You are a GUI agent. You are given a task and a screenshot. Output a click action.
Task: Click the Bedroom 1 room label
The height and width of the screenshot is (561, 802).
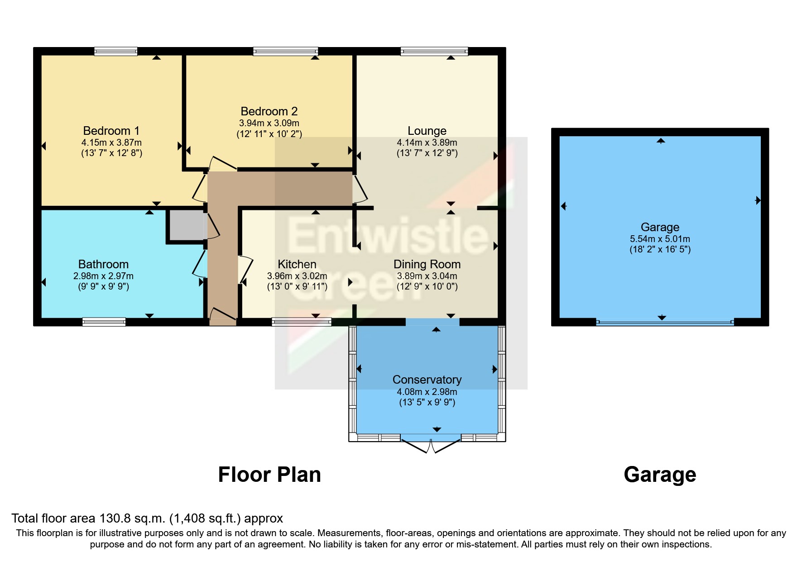coord(111,131)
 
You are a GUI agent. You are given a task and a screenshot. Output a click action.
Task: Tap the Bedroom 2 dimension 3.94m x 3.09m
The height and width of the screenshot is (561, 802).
coord(269,123)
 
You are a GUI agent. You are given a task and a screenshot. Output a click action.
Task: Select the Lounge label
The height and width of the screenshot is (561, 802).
coord(427,131)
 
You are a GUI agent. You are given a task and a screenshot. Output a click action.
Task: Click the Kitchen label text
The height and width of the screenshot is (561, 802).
coord(297,264)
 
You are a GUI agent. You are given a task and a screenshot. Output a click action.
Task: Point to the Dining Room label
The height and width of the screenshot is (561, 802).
coord(427,264)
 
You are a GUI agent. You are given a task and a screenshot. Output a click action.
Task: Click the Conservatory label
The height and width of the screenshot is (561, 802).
coord(427,380)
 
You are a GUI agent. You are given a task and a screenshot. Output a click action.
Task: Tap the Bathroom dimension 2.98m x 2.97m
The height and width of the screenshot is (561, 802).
coord(103,276)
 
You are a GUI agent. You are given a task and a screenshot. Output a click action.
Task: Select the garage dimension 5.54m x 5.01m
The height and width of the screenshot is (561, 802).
coord(659,239)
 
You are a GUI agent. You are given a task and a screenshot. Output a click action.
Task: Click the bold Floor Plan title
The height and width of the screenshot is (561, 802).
coord(269,475)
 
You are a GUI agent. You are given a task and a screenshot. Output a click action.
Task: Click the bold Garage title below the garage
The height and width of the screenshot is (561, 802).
coord(659,475)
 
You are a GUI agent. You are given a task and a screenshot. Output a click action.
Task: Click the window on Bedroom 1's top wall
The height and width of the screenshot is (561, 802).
coord(115,51)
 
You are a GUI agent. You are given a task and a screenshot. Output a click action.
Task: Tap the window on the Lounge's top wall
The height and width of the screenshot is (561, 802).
coord(434,51)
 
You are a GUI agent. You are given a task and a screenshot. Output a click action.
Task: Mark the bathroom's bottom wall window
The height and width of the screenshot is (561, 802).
coord(104,322)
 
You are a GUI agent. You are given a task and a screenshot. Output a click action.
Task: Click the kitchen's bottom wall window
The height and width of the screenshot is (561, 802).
coord(301,322)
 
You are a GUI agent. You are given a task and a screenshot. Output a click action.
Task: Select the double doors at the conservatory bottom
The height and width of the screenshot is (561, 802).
coord(431,446)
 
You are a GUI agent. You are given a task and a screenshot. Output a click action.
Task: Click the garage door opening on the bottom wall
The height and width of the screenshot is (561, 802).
coord(664,322)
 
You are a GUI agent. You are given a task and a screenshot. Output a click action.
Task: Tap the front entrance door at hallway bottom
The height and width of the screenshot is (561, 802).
coord(222,316)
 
